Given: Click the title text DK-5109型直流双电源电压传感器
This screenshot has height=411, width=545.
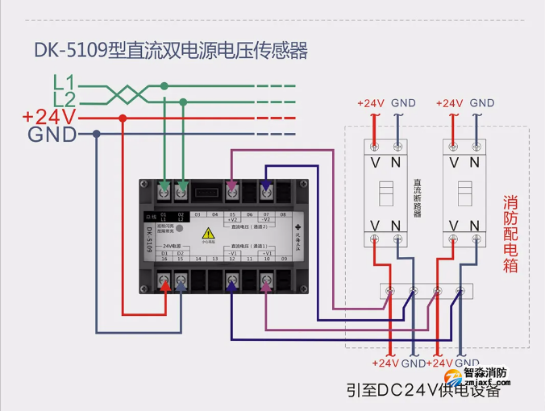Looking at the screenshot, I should click(x=171, y=51).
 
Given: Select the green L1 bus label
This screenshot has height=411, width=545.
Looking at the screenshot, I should click(x=64, y=82).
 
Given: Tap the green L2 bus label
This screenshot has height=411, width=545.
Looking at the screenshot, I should click(x=64, y=99).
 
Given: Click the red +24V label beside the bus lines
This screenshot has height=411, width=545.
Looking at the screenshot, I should click(x=49, y=118).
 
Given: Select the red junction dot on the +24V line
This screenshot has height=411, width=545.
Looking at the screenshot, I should click(x=123, y=118).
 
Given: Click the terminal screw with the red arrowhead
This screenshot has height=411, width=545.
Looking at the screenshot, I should click(x=165, y=283).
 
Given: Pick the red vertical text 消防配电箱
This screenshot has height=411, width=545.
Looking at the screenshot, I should click(x=510, y=234).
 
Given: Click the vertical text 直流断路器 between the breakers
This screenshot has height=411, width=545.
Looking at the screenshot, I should click(x=417, y=198).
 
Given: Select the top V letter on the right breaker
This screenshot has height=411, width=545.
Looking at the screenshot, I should click(x=454, y=162).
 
